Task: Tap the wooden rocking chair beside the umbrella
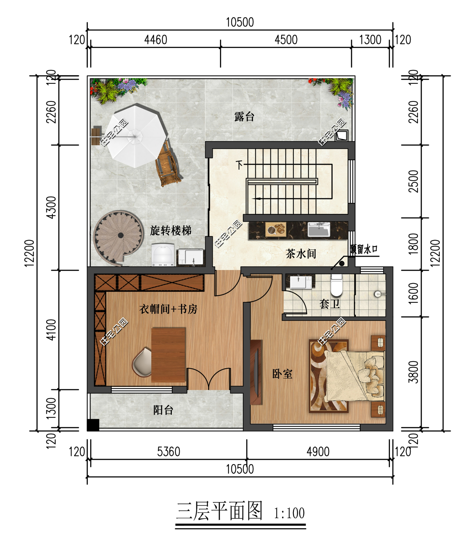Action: click(168, 165)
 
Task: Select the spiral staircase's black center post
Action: click(121, 235)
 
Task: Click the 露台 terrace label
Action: click(244, 117)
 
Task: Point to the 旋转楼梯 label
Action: click(170, 231)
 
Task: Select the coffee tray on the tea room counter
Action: click(276, 229)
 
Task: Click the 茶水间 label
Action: click(301, 254)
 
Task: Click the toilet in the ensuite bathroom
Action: click(337, 286)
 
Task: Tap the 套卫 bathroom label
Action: click(330, 304)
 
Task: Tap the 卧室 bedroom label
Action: click(282, 374)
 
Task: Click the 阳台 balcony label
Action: click(163, 410)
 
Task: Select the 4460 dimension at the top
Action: click(156, 40)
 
